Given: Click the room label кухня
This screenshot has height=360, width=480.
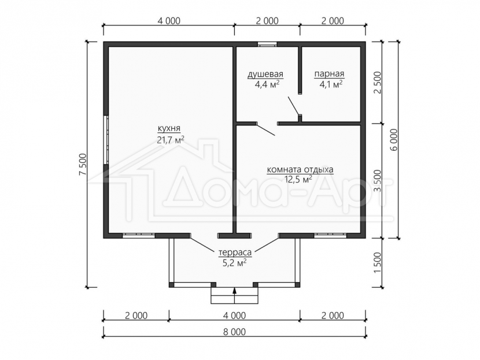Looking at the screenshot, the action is pos(169,129).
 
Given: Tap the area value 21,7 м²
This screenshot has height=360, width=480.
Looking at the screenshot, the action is pos(171,140).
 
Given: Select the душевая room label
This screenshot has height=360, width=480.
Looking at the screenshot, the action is pos(265,74).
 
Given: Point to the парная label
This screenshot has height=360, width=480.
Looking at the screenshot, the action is pos(329,74).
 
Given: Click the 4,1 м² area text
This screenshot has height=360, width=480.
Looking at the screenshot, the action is pos(331,84).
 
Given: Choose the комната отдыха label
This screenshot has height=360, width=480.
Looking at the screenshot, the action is pos(300,169).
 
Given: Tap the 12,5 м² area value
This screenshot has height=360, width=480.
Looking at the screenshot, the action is pos(298,179).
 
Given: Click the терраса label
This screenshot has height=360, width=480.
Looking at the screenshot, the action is pos(235,253).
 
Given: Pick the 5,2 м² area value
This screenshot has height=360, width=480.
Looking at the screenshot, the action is pos(235,263).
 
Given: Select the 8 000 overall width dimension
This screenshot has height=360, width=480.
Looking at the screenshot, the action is pos(234,332).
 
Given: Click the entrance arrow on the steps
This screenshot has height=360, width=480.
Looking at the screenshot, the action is pos(234,295).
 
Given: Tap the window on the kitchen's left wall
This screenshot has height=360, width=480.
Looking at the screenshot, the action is pos(106,140).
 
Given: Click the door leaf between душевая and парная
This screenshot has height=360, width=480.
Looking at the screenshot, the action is pos(294,106).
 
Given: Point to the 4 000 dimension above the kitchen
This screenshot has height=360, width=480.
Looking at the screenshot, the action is pos(169,21).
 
